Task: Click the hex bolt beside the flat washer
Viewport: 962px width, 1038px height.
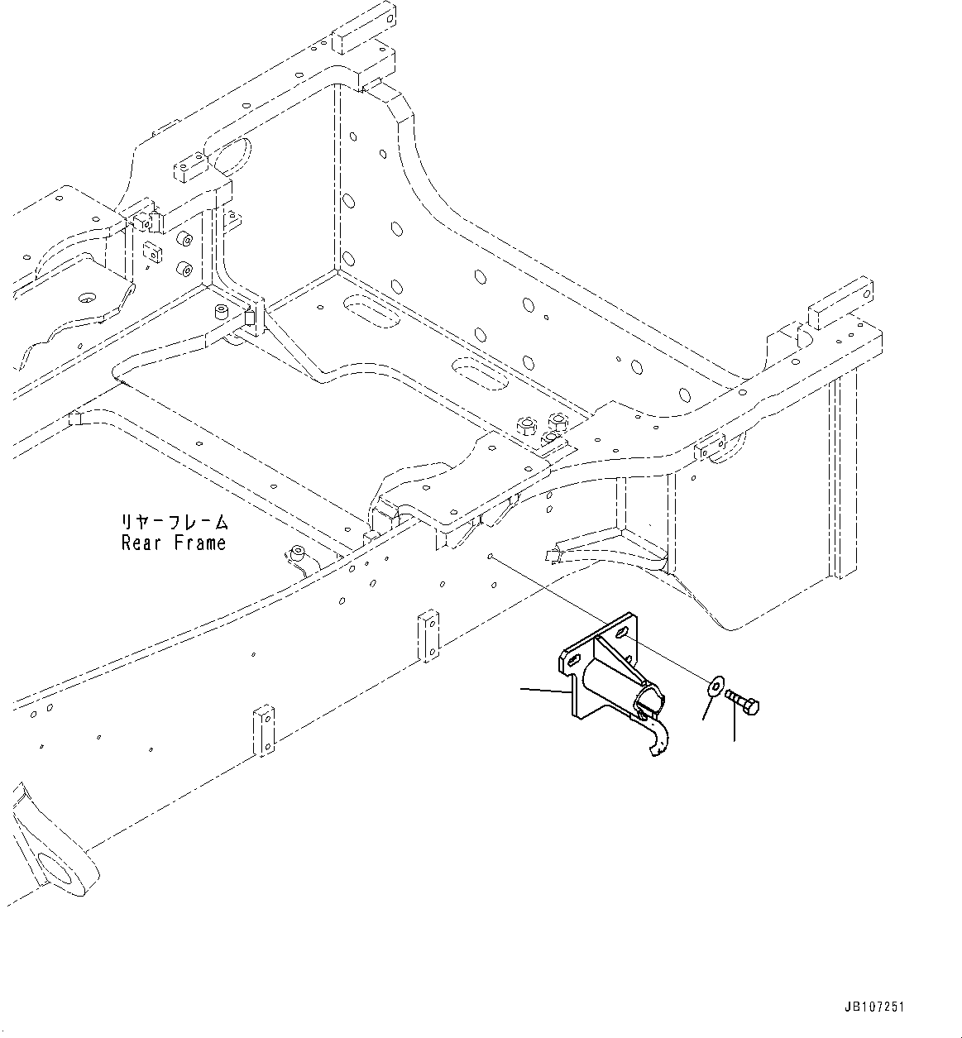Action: tap(743, 703)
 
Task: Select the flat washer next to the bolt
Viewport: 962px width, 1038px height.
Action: tap(714, 686)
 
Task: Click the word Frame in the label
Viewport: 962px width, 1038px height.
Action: tap(200, 543)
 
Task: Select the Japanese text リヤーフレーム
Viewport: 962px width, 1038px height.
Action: tap(173, 523)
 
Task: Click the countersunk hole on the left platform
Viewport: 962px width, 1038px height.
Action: tap(85, 296)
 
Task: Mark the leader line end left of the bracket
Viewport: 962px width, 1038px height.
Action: tap(521, 687)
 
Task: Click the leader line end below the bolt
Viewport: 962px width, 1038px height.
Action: tap(733, 739)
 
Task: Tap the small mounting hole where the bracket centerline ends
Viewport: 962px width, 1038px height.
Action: tap(491, 556)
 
